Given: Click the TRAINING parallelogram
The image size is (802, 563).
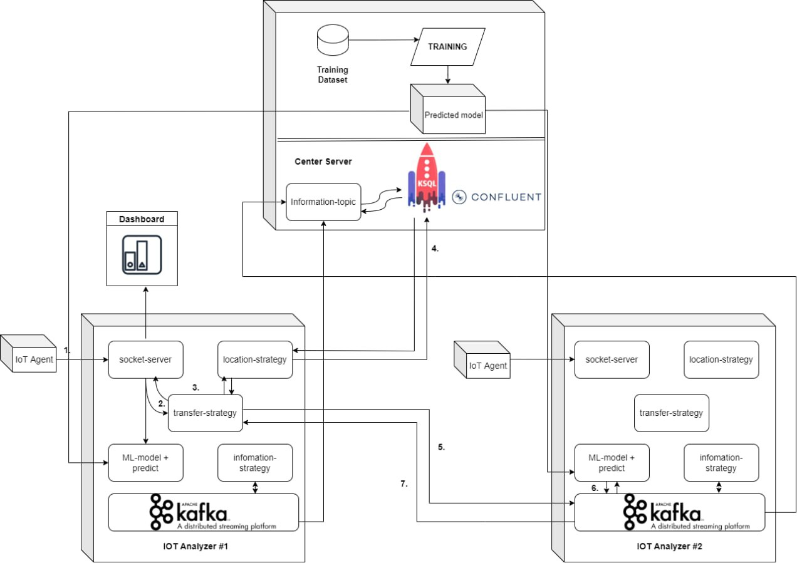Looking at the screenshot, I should pyautogui.click(x=447, y=47).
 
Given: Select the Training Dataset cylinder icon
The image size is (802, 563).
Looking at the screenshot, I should pyautogui.click(x=331, y=40).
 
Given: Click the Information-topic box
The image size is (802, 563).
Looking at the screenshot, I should pyautogui.click(x=324, y=202).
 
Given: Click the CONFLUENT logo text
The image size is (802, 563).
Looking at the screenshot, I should pyautogui.click(x=497, y=197).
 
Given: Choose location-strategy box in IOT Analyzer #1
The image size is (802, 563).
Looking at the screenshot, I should pyautogui.click(x=255, y=359).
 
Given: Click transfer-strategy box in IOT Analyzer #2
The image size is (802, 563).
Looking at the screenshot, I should pyautogui.click(x=671, y=413).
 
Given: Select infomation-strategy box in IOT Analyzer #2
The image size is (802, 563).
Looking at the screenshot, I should pyautogui.click(x=721, y=463).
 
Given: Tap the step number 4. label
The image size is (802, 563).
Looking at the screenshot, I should pyautogui.click(x=435, y=248).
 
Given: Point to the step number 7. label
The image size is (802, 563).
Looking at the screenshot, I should pyautogui.click(x=404, y=484).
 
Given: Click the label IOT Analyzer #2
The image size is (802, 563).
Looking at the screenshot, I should pyautogui.click(x=669, y=546).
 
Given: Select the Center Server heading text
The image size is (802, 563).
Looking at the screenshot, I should pyautogui.click(x=323, y=162).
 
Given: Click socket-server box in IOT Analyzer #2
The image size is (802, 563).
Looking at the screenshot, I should pyautogui.click(x=612, y=359).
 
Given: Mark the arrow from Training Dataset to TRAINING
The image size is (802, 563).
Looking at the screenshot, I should pyautogui.click(x=382, y=40).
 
